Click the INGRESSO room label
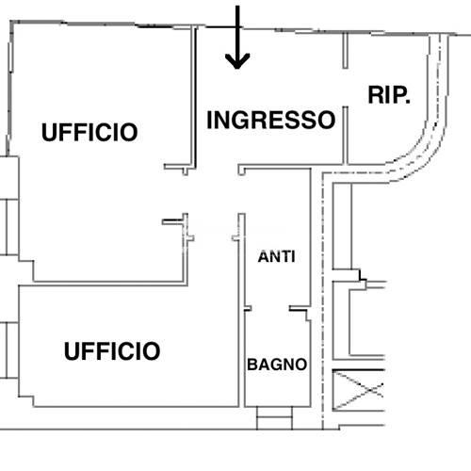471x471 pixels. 271,120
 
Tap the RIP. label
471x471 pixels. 389,95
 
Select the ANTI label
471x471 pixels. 276,256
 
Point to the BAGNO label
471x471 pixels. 277,365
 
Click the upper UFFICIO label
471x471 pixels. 89,132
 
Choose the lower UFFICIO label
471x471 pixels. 112,350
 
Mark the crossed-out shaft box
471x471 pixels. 358,390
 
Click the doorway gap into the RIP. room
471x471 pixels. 345,88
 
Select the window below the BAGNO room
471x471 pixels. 274,418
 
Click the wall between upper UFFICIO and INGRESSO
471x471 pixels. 194,97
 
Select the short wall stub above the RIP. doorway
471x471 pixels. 345,50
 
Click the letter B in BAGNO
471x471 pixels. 252,365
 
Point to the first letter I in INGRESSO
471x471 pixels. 209,120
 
